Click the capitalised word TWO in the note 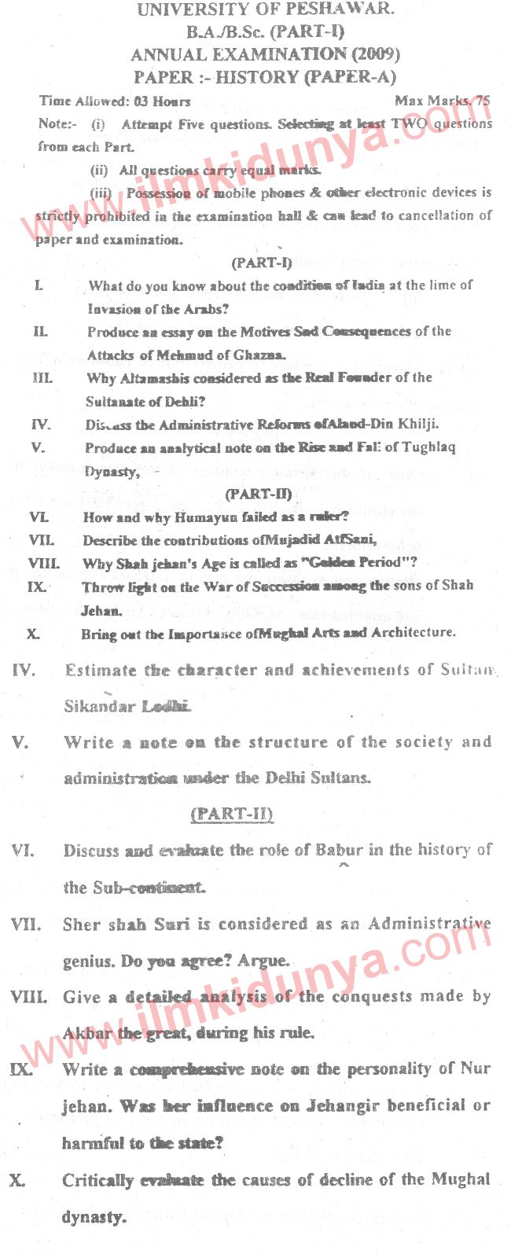[x=409, y=123]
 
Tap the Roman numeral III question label [x=42, y=378]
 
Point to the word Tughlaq [x=429, y=447]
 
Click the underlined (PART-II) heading [x=232, y=814]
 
